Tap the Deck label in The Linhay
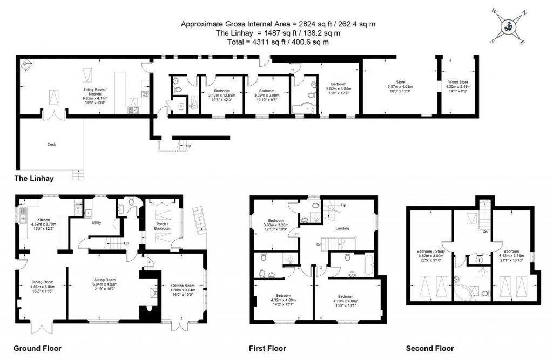[x=52, y=144]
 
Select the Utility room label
[x=97, y=222]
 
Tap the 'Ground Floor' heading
[x=37, y=348]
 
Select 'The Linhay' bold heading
[x=33, y=178]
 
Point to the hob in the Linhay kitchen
[x=145, y=94]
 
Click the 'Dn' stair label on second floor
[x=485, y=231]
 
